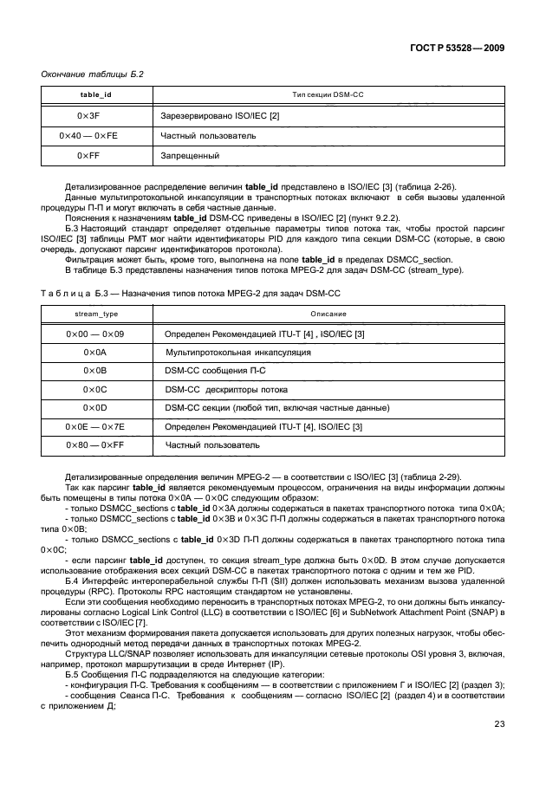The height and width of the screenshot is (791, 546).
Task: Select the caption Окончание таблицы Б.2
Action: [92, 75]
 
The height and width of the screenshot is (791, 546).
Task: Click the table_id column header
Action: [96, 94]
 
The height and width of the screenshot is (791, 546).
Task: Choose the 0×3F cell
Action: [96, 115]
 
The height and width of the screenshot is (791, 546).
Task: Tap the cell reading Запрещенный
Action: [189, 156]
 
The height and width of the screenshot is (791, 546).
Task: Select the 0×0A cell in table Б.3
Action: [96, 353]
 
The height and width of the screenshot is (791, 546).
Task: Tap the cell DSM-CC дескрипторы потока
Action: [220, 390]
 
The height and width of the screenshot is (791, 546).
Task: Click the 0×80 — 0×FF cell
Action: [96, 445]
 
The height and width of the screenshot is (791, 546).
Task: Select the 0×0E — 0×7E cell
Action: [96, 427]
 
